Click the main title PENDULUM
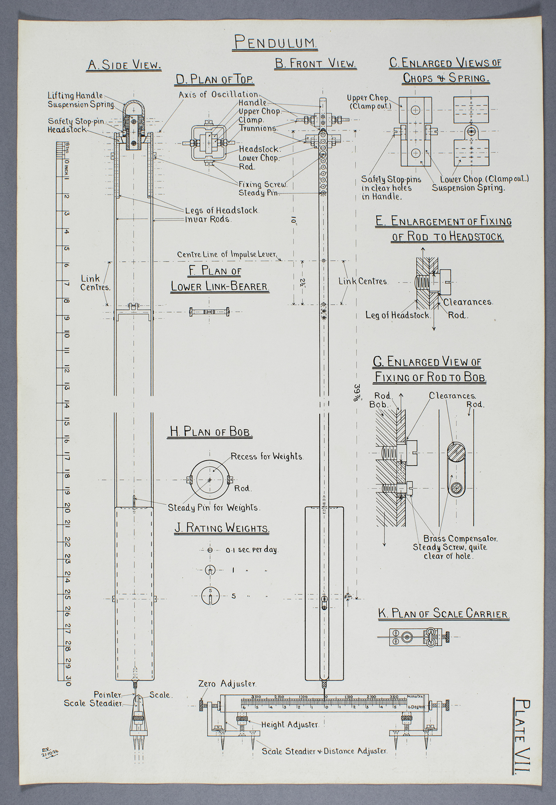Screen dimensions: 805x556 pos(276,42)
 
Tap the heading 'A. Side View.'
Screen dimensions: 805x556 pos(124,65)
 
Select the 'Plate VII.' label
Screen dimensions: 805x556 pos(522,736)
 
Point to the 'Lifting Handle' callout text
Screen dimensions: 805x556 pos(75,96)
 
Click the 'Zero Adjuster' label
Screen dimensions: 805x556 pos(227,683)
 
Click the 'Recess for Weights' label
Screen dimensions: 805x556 pos(267,456)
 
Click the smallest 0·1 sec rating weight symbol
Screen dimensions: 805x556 pos(210,550)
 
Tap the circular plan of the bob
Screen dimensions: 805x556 pos(209,480)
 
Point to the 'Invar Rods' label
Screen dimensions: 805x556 pos(208,219)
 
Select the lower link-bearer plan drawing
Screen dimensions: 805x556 pos(209,312)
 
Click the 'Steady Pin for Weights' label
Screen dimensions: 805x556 pos(214,508)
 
